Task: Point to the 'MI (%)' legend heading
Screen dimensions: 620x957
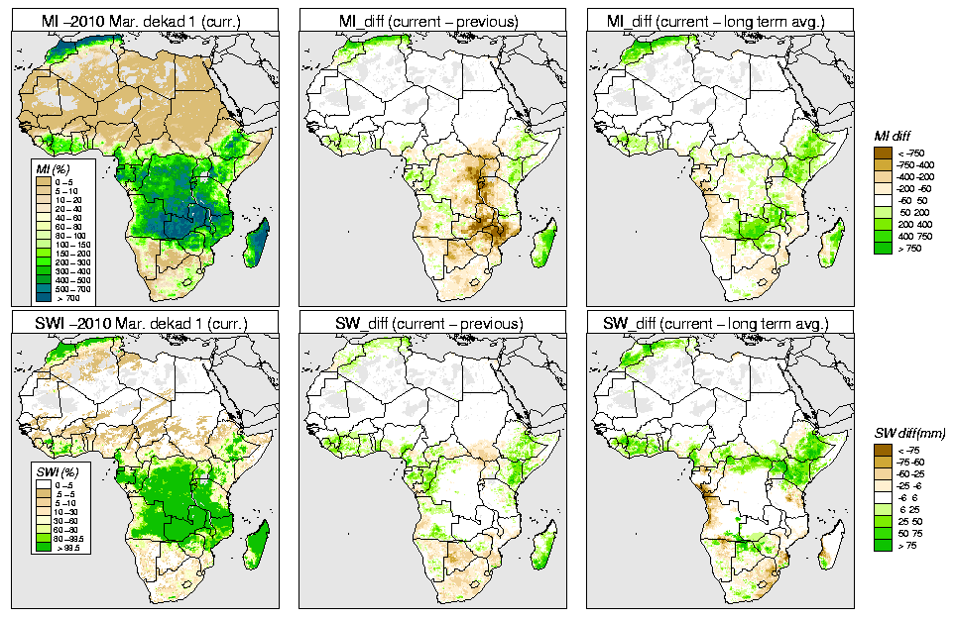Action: [x=46, y=170]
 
